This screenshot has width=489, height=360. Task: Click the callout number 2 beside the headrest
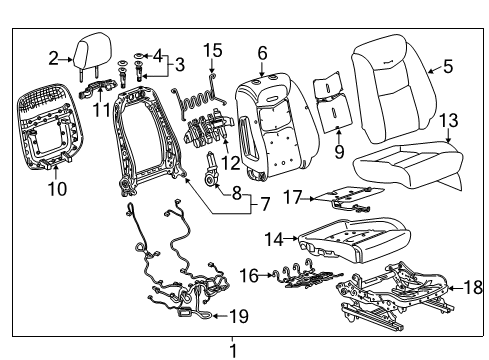pos(53,57)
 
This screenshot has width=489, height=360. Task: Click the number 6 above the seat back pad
pos(262,52)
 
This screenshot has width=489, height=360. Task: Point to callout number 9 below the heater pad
pos(338,153)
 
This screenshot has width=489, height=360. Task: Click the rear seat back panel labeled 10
pos(52,125)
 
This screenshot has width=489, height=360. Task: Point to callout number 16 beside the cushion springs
pos(246,272)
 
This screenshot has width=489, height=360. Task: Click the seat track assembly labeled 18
pos(400,290)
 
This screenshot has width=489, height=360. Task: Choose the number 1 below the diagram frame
pos(233,350)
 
